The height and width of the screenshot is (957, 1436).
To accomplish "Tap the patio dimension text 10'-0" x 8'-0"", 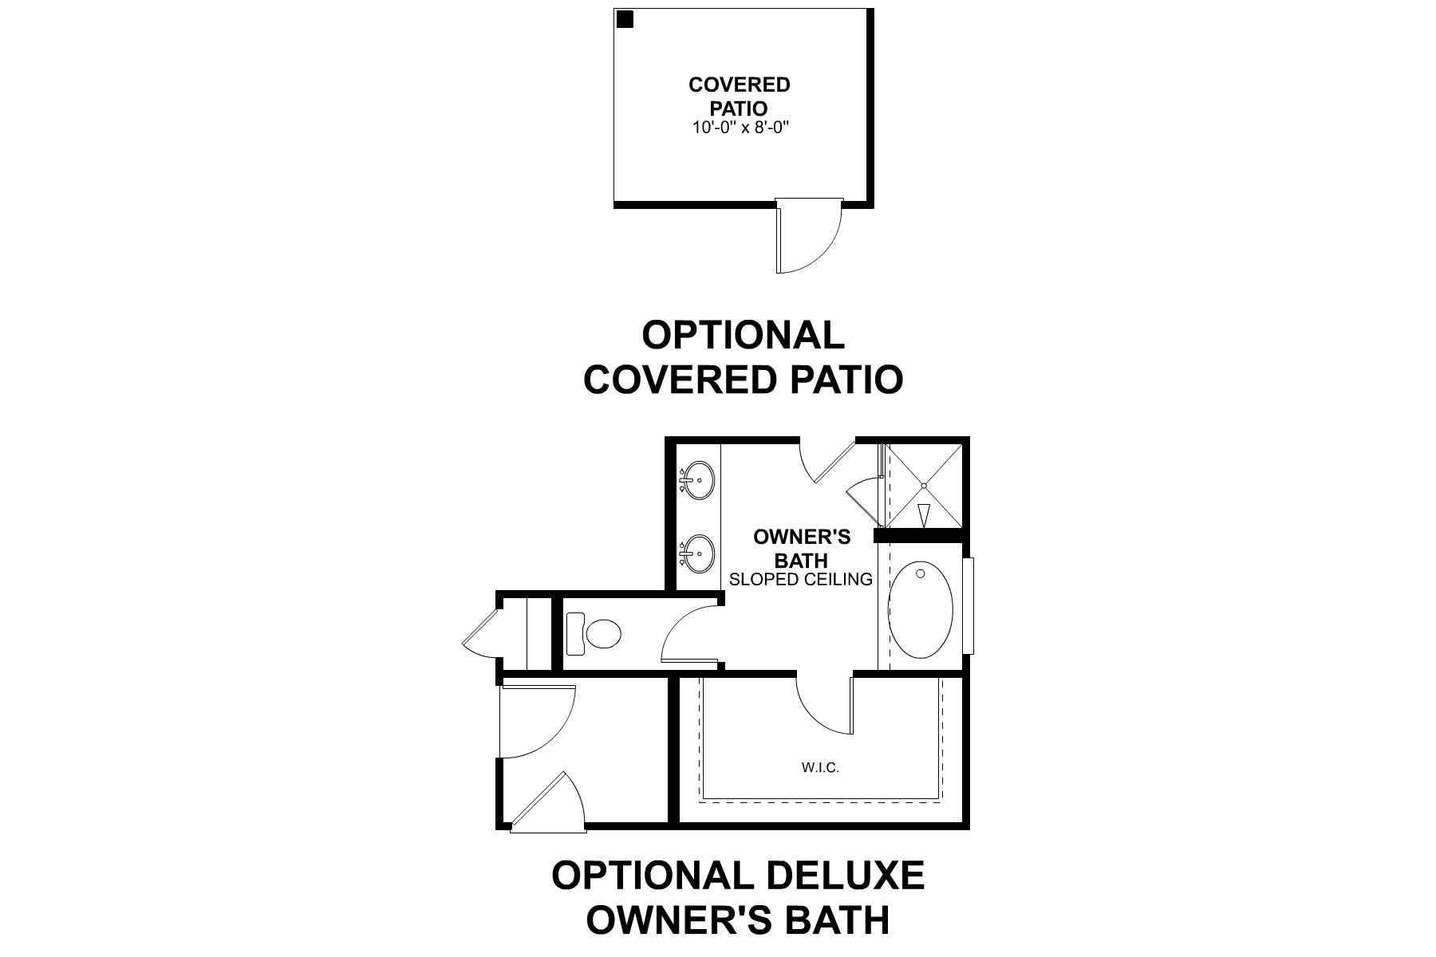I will pos(740,127).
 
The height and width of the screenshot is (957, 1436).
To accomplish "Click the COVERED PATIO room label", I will pos(740,96).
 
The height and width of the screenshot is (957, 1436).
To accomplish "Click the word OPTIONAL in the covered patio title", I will pos(743,335).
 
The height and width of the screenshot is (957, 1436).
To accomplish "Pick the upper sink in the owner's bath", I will pos(699,481).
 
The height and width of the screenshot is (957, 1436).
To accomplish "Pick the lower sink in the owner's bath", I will pos(699,553).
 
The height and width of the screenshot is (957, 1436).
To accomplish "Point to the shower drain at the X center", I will pos(923,484).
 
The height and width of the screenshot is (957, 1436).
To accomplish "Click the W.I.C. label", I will pos(821,769).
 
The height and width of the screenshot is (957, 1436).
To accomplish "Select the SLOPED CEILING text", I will pos(801,580).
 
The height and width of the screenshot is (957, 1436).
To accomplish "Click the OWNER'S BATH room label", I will pos(802,549).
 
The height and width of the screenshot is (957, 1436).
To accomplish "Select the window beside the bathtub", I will pos(969,606).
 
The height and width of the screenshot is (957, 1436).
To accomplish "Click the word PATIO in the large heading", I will pos(846,380).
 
